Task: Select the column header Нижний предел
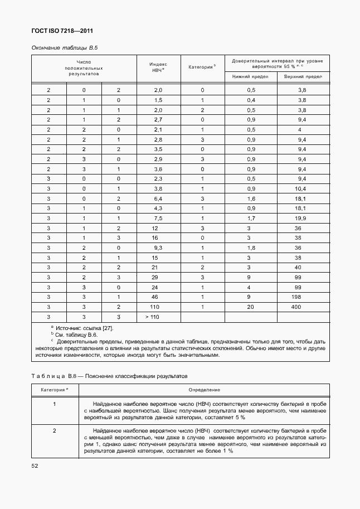pyautogui.click(x=251, y=76)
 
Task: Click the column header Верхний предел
pyautogui.click(x=303, y=76)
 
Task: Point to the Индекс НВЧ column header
pyautogui.click(x=158, y=68)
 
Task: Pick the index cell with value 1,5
pyautogui.click(x=158, y=100)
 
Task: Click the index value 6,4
pyautogui.click(x=158, y=198)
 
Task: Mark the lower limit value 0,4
pyautogui.click(x=251, y=100)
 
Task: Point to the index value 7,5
pyautogui.click(x=158, y=219)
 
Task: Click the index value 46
pyautogui.click(x=155, y=297)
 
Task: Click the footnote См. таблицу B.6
pyautogui.click(x=76, y=335)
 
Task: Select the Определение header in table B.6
pyautogui.click(x=204, y=389)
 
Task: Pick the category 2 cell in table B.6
pyautogui.click(x=54, y=431)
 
